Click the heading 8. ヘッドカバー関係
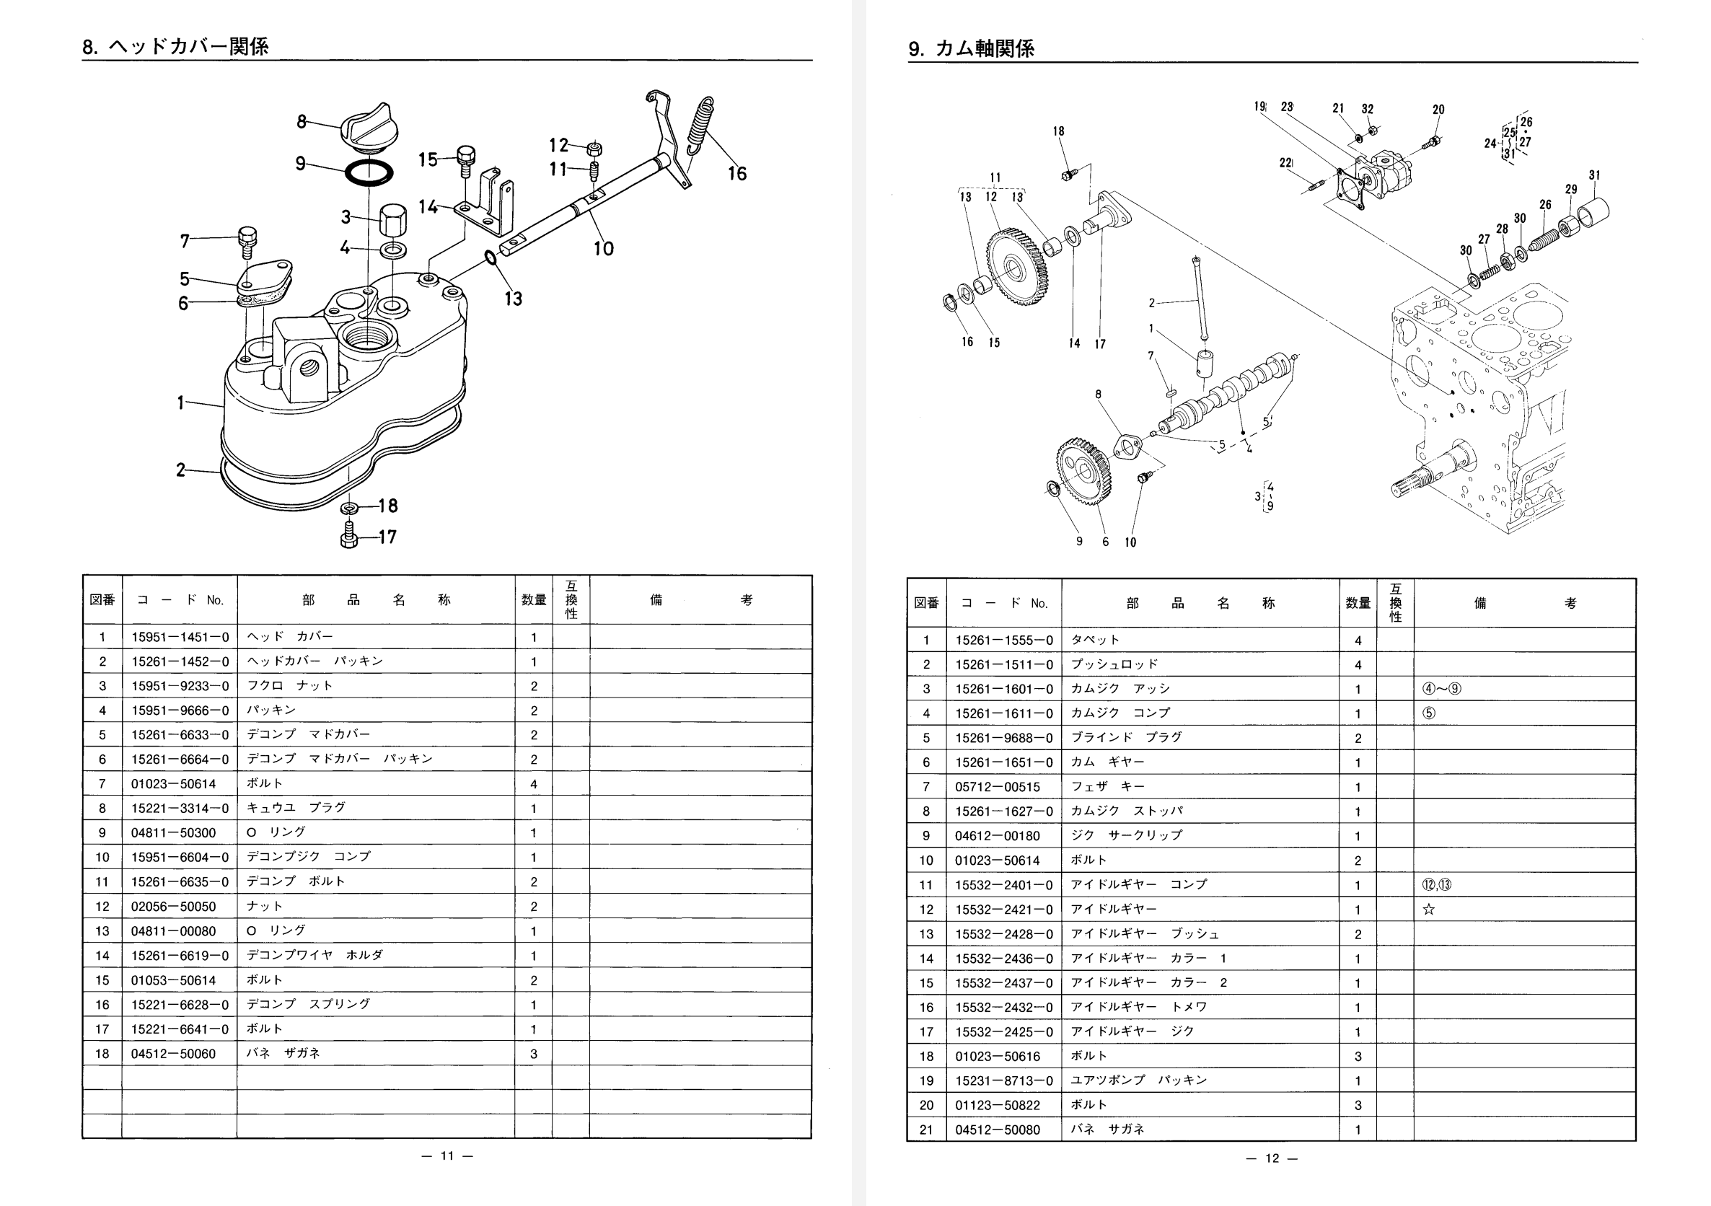point(175,46)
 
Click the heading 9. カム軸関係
point(971,48)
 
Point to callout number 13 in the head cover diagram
point(513,299)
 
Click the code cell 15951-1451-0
point(180,638)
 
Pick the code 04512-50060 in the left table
point(173,1054)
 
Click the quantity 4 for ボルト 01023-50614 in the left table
point(534,784)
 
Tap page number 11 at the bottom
point(447,1156)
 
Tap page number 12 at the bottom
point(1272,1158)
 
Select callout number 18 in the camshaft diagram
point(1058,132)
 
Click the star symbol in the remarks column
point(1428,910)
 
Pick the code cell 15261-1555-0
point(1004,641)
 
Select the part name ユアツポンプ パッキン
point(1138,1080)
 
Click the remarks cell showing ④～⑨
point(1442,689)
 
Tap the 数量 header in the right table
point(1358,603)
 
